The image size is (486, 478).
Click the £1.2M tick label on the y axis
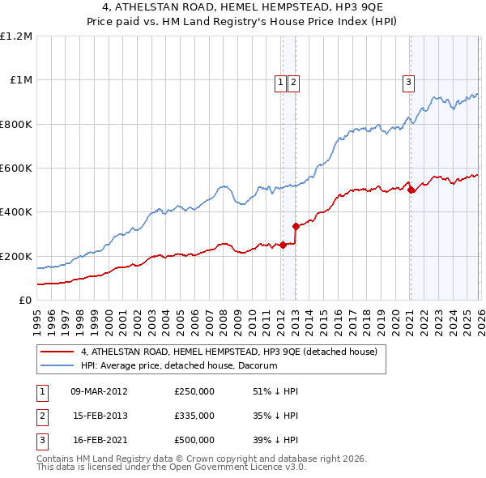coord(16,36)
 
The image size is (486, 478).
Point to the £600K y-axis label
coord(16,169)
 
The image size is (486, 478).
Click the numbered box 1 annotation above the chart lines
coord(280,81)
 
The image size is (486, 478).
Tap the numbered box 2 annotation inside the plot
coord(292,81)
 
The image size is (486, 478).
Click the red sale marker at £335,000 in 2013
coord(296,226)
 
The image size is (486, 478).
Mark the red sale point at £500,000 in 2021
coord(411,190)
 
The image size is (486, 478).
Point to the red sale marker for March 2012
coord(283,245)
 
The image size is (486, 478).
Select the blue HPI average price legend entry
coord(178,365)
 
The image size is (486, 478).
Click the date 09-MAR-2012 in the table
coord(99,391)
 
